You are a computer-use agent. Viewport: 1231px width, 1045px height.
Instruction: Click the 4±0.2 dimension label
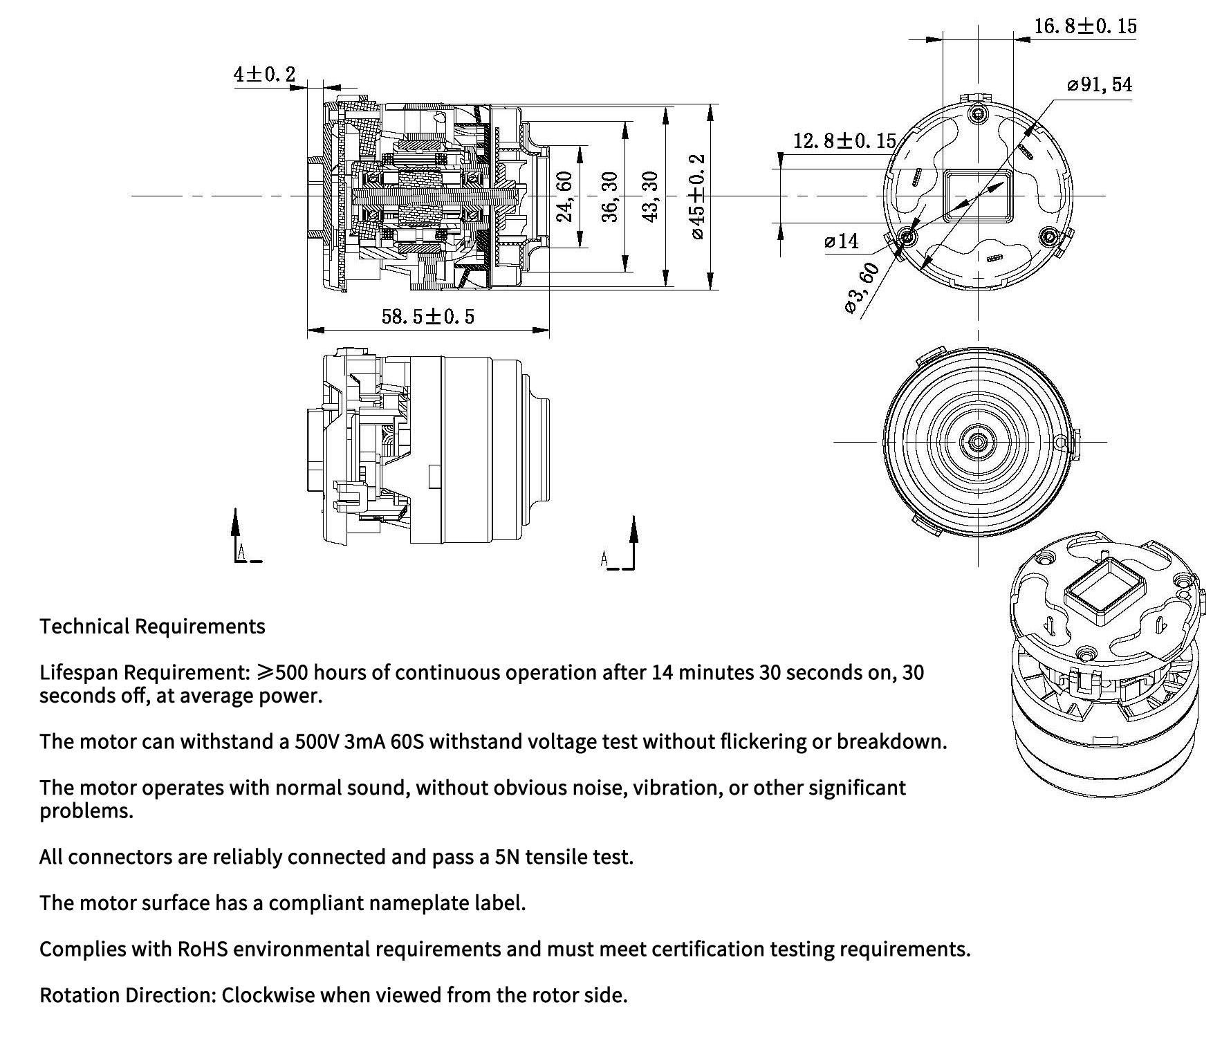[264, 74]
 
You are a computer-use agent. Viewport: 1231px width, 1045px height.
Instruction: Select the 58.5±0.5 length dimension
[428, 317]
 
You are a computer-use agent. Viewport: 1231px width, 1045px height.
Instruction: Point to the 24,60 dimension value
[565, 197]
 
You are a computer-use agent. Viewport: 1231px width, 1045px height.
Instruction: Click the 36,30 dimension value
[609, 197]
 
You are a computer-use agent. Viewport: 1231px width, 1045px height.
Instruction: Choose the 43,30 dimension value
[651, 197]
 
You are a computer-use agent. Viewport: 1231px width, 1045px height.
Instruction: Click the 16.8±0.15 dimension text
[1085, 26]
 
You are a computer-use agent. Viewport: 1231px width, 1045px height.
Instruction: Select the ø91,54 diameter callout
[1100, 85]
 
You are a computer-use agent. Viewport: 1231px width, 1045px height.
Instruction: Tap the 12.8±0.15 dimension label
[844, 141]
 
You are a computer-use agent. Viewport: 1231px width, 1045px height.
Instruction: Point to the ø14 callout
[842, 241]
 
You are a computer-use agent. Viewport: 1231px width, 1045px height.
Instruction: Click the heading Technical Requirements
[152, 627]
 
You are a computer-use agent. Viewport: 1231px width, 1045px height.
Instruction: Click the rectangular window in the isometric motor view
[1102, 589]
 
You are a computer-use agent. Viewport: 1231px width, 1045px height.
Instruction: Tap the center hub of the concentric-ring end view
[978, 441]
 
